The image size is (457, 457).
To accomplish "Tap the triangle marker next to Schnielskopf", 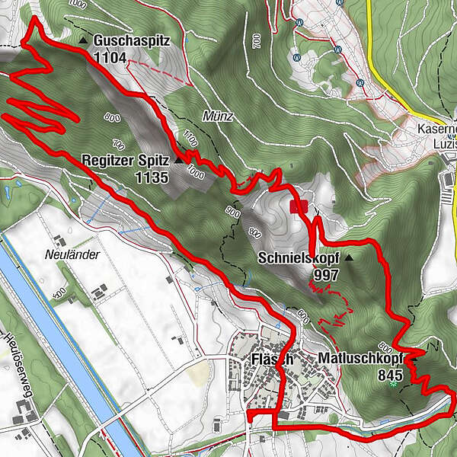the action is click(x=349, y=258).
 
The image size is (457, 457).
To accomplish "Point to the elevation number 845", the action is click(x=391, y=374).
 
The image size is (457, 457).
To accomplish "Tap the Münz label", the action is click(x=217, y=116).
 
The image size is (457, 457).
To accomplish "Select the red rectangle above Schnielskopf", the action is click(x=298, y=206).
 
